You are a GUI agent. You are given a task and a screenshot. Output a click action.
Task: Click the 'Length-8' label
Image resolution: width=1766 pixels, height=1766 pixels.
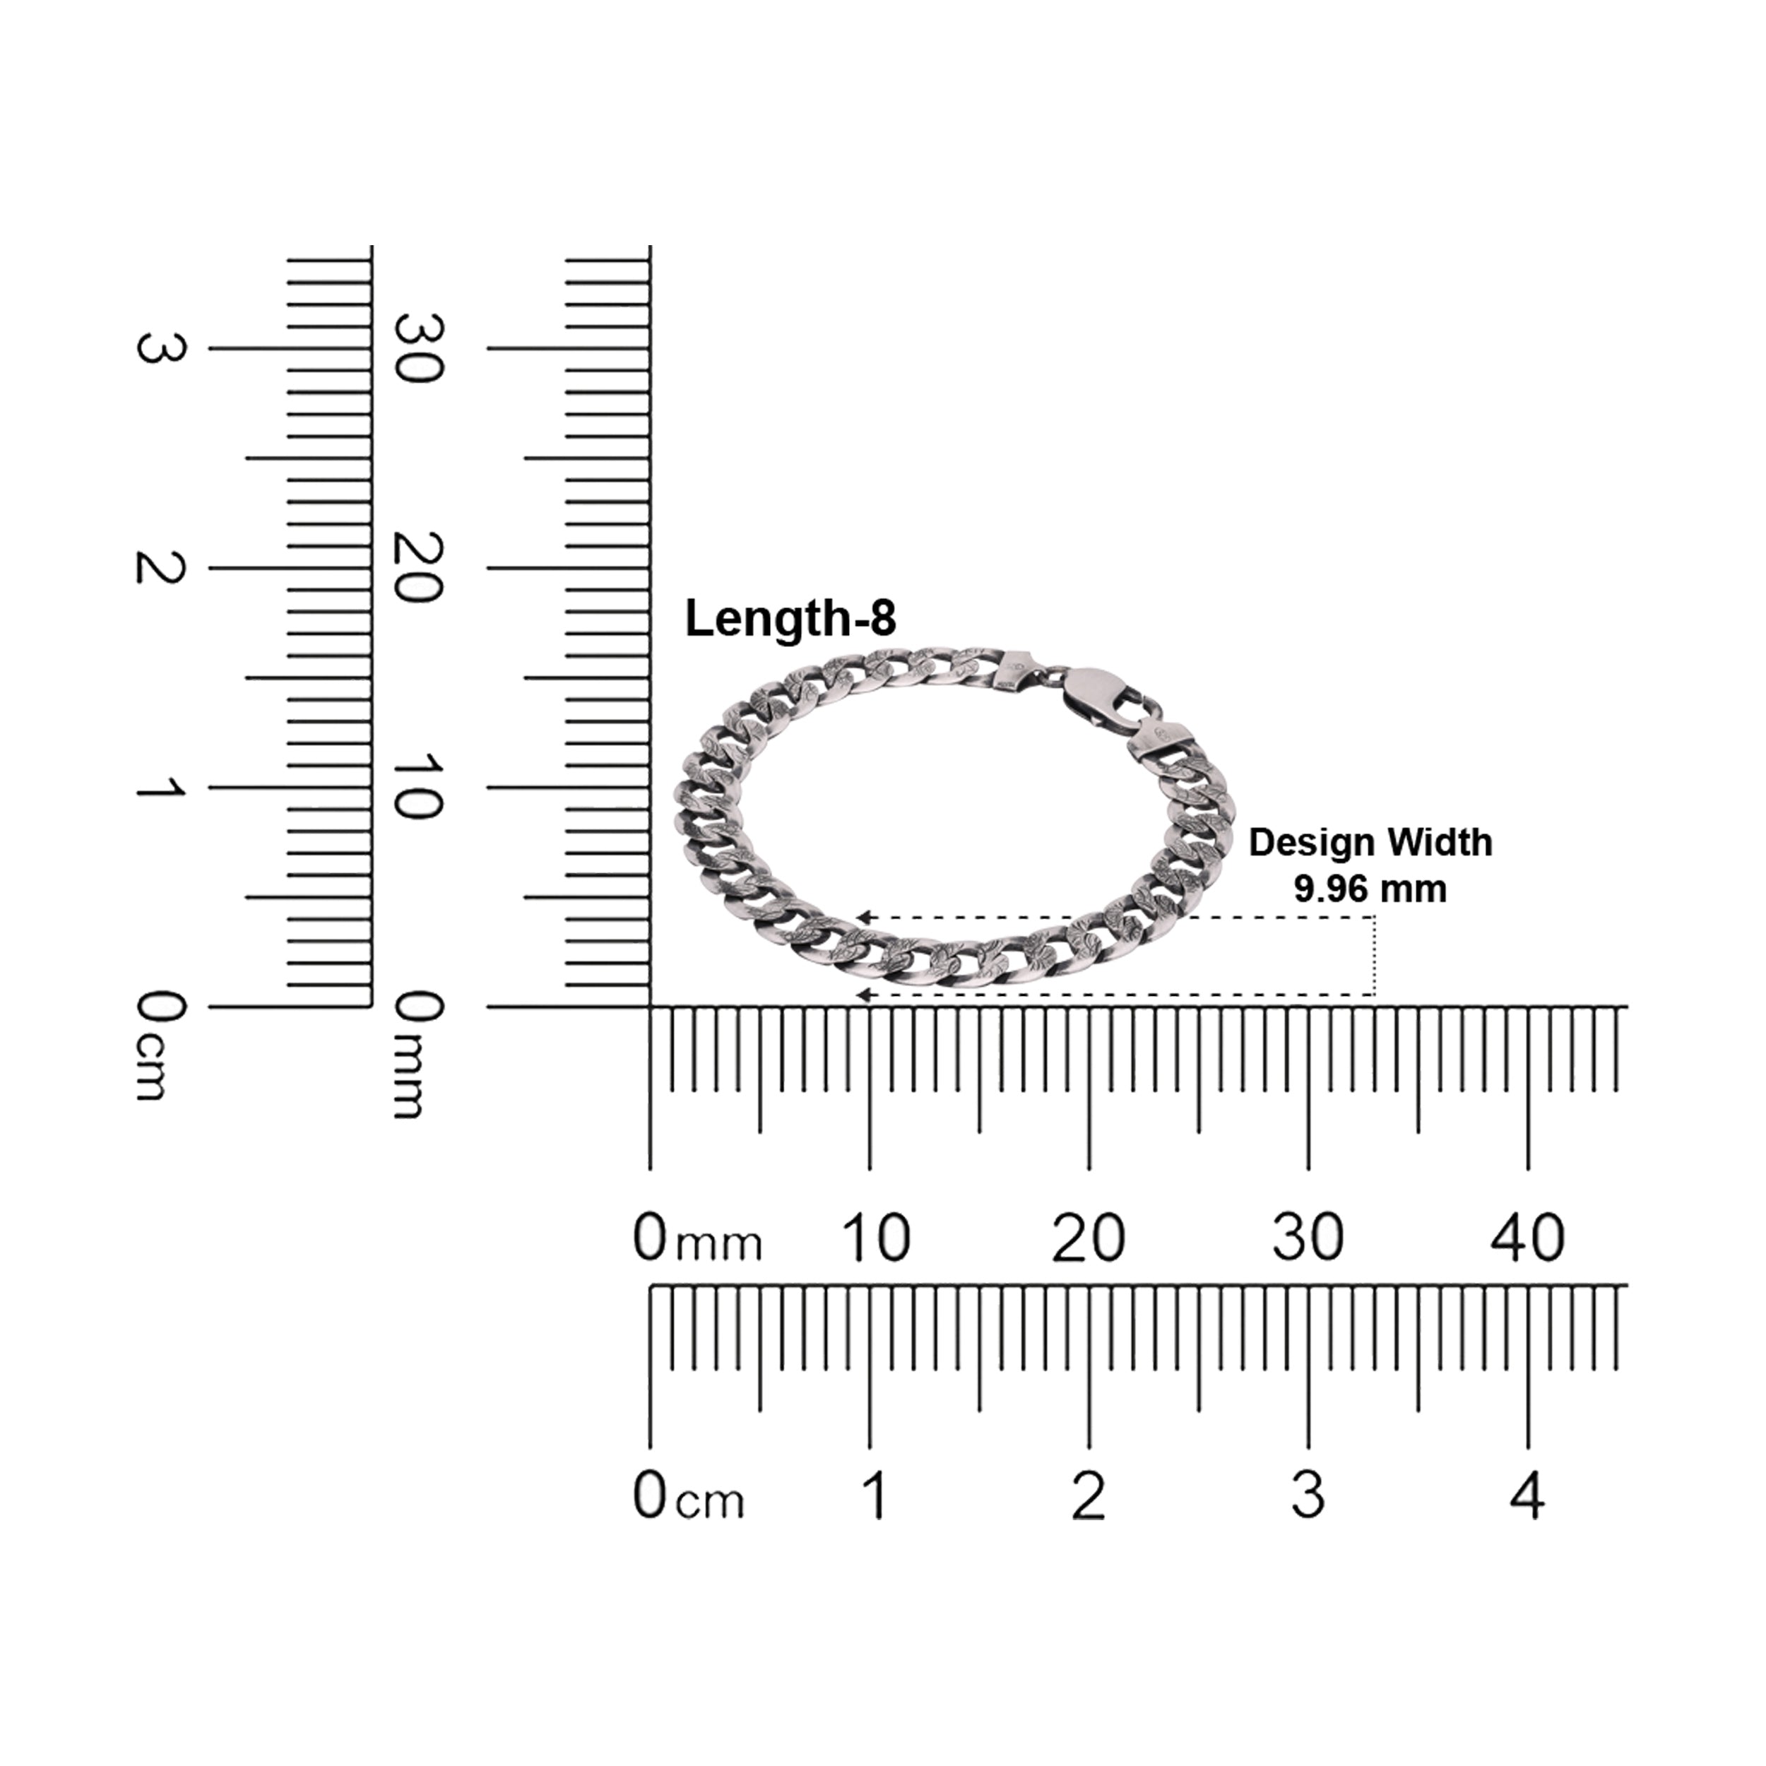click(x=790, y=619)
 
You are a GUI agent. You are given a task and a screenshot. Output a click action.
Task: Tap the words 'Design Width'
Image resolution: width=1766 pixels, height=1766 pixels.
click(x=1370, y=843)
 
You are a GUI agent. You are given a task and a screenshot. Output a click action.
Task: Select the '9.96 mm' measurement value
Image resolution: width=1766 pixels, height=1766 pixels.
click(x=1370, y=889)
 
